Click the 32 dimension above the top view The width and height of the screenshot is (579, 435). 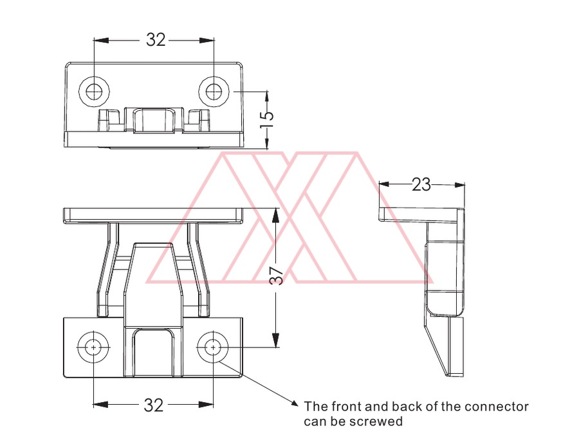(x=156, y=39)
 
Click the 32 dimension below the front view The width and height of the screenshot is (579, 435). (x=154, y=405)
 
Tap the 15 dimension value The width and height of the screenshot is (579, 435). (x=266, y=119)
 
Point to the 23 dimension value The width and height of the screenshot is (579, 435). (x=421, y=184)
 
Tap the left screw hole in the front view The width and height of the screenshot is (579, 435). (x=93, y=347)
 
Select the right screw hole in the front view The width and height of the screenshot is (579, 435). (x=213, y=347)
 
